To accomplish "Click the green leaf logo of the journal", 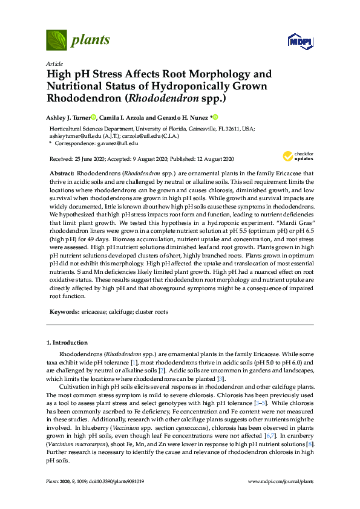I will pos(56,41).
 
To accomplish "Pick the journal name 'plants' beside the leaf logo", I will pos(91,41).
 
